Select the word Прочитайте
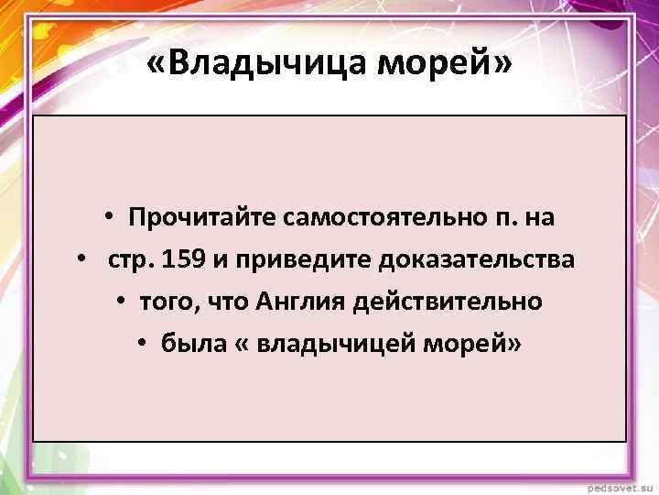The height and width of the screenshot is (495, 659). [x=202, y=218]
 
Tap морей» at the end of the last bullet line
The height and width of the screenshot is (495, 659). [x=488, y=343]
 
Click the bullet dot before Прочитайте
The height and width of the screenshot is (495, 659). [x=108, y=218]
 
